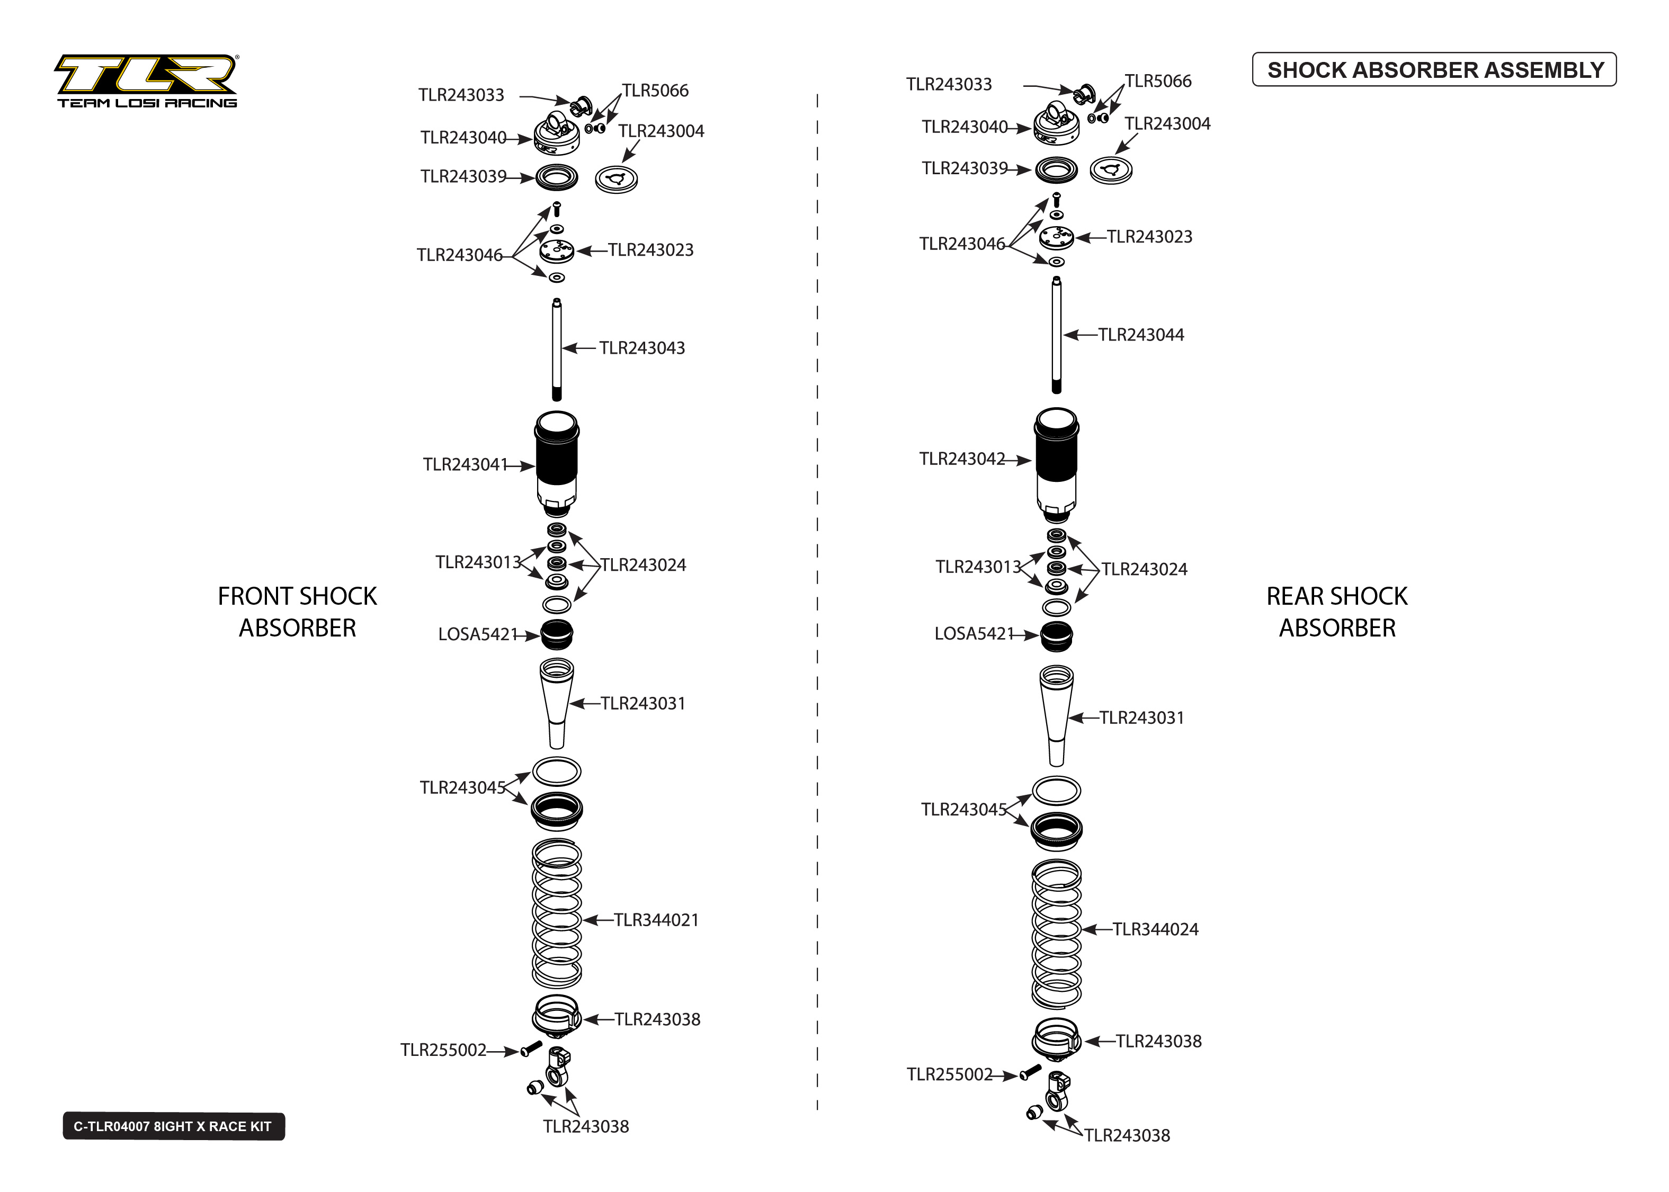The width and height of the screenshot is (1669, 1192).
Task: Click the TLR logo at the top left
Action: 147,80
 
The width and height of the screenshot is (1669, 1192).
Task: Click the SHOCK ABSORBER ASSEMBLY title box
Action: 1434,70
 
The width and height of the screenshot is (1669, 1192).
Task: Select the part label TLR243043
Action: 641,348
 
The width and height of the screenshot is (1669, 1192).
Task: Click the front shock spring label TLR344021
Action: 656,920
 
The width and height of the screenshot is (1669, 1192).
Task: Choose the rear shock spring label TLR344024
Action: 1155,929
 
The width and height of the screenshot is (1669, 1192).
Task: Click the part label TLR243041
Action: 466,464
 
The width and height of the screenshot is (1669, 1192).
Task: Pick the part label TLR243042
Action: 962,459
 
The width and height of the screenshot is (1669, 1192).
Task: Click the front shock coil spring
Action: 556,914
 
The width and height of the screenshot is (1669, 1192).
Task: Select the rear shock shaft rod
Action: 1056,335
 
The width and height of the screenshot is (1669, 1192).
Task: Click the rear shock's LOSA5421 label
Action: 974,633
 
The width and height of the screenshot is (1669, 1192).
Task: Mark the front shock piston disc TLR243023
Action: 556,252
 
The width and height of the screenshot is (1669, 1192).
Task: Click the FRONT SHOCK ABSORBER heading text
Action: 297,612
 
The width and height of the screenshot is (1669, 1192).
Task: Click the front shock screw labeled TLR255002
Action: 531,1049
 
